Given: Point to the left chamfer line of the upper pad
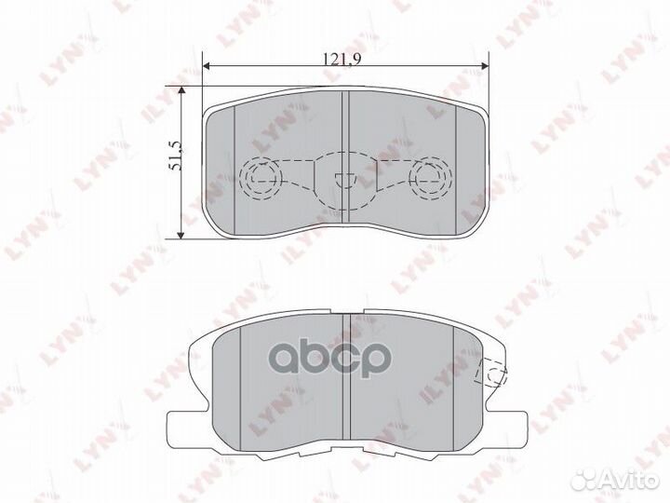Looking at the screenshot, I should pos(234,163).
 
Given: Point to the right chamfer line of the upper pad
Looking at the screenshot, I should pos(457,163).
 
